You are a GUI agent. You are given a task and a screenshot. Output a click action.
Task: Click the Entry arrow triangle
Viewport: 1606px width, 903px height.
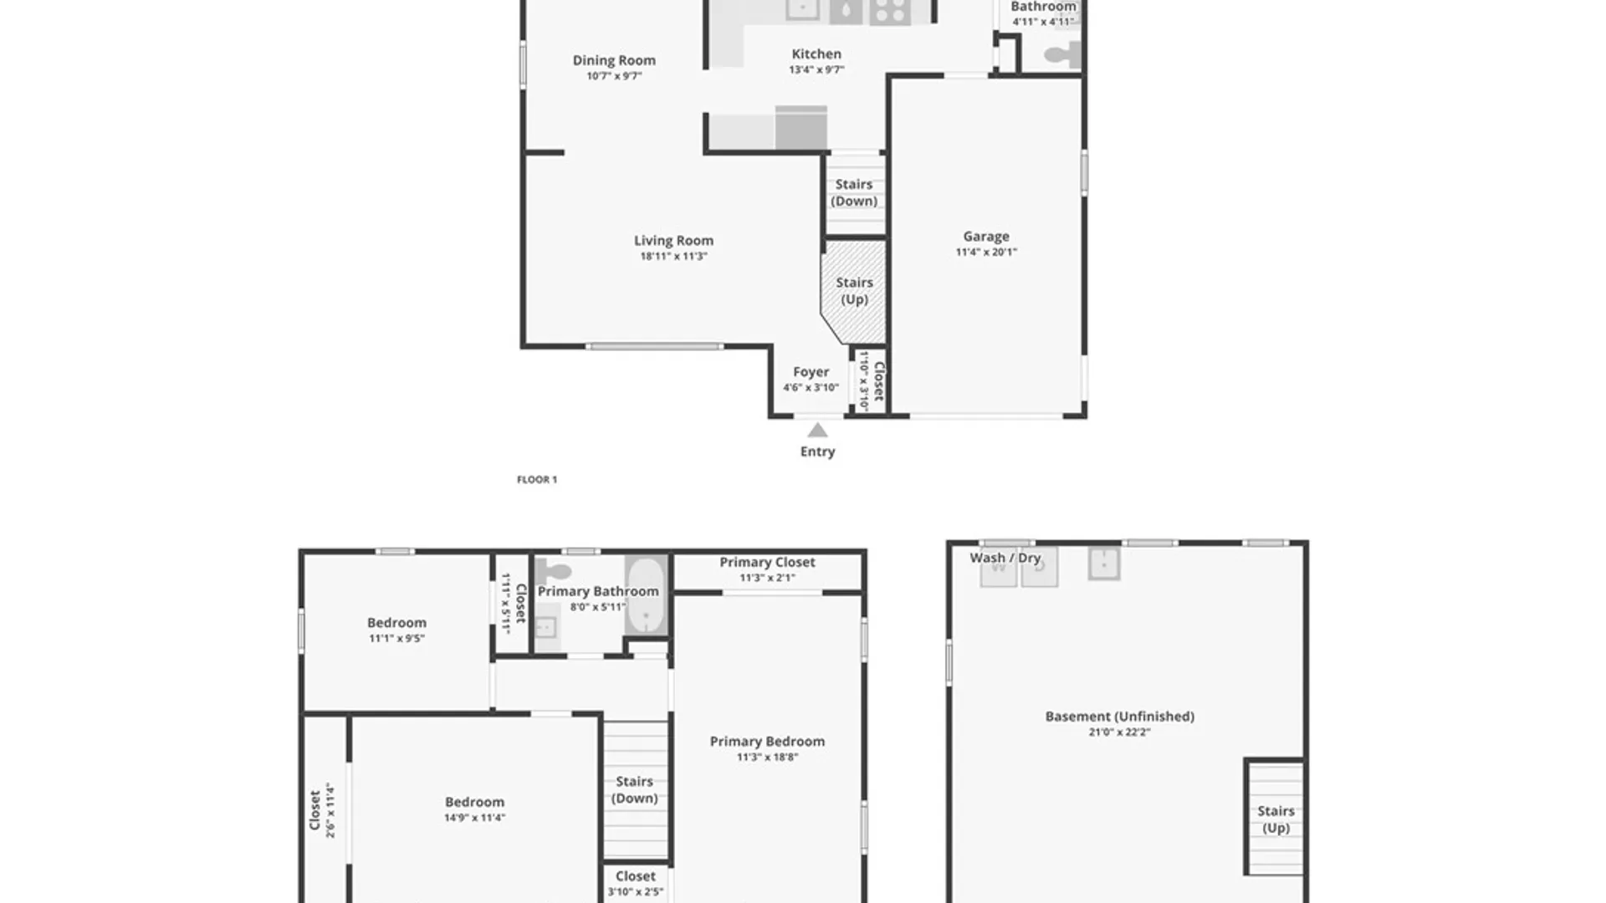click(817, 431)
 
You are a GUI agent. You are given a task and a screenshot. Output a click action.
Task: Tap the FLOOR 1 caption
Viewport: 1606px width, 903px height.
click(536, 479)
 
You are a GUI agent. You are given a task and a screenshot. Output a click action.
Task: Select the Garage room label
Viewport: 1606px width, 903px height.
click(985, 237)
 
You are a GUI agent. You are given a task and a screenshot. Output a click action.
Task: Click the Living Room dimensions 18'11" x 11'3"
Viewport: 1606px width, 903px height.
click(673, 257)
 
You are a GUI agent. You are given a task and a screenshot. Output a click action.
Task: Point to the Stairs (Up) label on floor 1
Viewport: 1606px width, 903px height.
click(854, 291)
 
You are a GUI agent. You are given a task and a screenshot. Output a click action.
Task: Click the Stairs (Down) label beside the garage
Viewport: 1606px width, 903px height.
click(854, 192)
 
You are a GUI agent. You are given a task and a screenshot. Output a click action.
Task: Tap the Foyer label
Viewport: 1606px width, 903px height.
click(811, 372)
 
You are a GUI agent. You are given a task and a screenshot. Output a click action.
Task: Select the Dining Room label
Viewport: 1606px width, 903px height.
click(614, 60)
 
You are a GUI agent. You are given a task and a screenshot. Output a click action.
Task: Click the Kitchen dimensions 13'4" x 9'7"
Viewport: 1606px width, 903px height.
click(816, 70)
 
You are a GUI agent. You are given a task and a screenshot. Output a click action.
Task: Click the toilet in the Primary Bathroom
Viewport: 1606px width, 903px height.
click(553, 573)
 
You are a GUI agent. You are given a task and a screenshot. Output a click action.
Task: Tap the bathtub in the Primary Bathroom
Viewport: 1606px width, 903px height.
click(646, 595)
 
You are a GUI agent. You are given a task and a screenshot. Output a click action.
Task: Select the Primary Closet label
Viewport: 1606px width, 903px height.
click(767, 562)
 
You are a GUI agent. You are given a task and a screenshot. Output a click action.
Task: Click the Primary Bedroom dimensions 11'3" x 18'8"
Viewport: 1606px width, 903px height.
click(767, 758)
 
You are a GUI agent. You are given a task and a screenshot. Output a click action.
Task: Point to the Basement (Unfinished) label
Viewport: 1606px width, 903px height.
click(1119, 717)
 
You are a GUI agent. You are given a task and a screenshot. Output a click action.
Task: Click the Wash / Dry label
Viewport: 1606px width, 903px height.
click(1005, 558)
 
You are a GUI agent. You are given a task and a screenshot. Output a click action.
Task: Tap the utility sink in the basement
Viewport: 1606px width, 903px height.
click(1104, 564)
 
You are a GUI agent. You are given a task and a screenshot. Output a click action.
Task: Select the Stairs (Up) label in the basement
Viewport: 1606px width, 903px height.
click(1276, 819)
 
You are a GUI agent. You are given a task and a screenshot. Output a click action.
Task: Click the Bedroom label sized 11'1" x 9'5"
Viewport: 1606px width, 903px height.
click(396, 623)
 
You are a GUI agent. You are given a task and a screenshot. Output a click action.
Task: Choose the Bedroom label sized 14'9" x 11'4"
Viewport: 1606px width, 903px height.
click(474, 802)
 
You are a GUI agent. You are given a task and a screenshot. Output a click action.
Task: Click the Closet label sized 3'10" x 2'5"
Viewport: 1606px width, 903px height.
click(636, 876)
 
